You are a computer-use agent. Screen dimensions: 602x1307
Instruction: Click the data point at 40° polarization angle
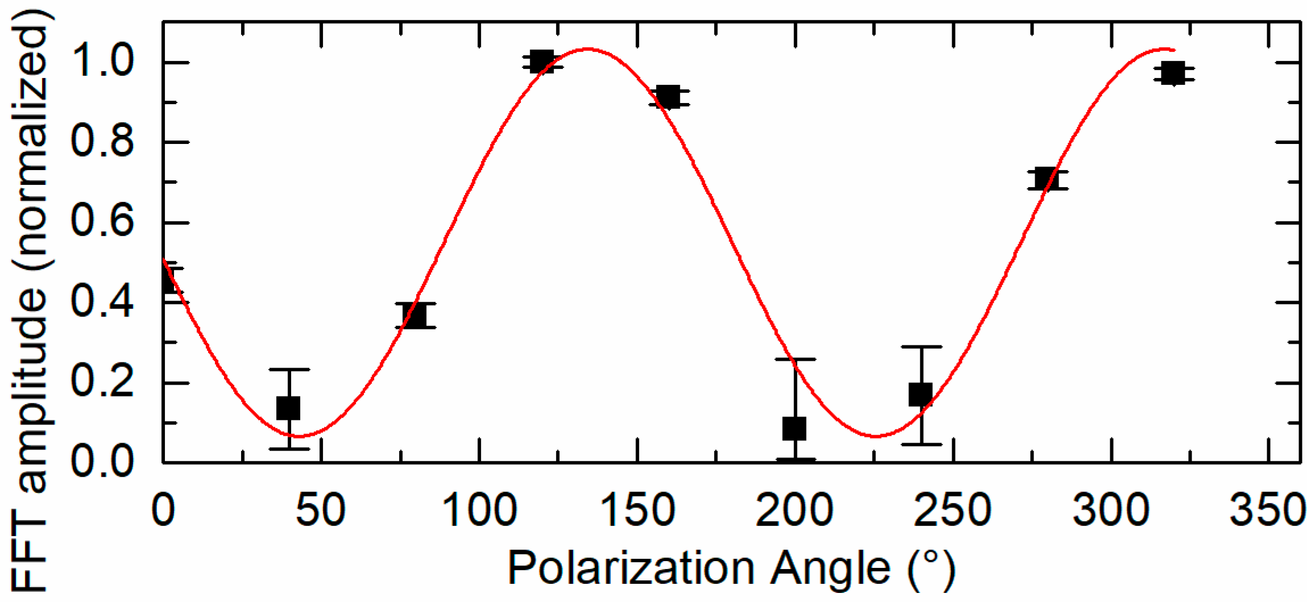pos(288,407)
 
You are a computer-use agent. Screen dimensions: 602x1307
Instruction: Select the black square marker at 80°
pos(414,315)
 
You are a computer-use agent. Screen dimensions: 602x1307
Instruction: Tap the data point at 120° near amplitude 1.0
pos(541,61)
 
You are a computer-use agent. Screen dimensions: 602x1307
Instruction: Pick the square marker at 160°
pos(668,97)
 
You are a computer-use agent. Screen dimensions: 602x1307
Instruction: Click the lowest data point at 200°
pos(794,428)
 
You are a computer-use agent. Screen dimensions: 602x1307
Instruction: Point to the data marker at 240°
pos(920,394)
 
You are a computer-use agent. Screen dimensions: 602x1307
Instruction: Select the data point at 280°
pos(1047,179)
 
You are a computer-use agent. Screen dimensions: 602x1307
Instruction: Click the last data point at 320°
pos(1173,73)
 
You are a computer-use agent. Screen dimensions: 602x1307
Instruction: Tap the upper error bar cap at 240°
pos(921,346)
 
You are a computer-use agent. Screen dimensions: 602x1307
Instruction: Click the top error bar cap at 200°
pos(795,359)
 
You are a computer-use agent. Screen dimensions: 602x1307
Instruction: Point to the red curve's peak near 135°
pos(588,49)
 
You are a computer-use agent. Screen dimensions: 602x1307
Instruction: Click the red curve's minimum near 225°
pos(876,436)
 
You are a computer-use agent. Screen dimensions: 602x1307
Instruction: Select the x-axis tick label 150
pos(637,510)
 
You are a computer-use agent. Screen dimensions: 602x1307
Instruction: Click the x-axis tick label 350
pos(1268,510)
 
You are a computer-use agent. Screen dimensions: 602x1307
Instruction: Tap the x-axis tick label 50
pos(321,510)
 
